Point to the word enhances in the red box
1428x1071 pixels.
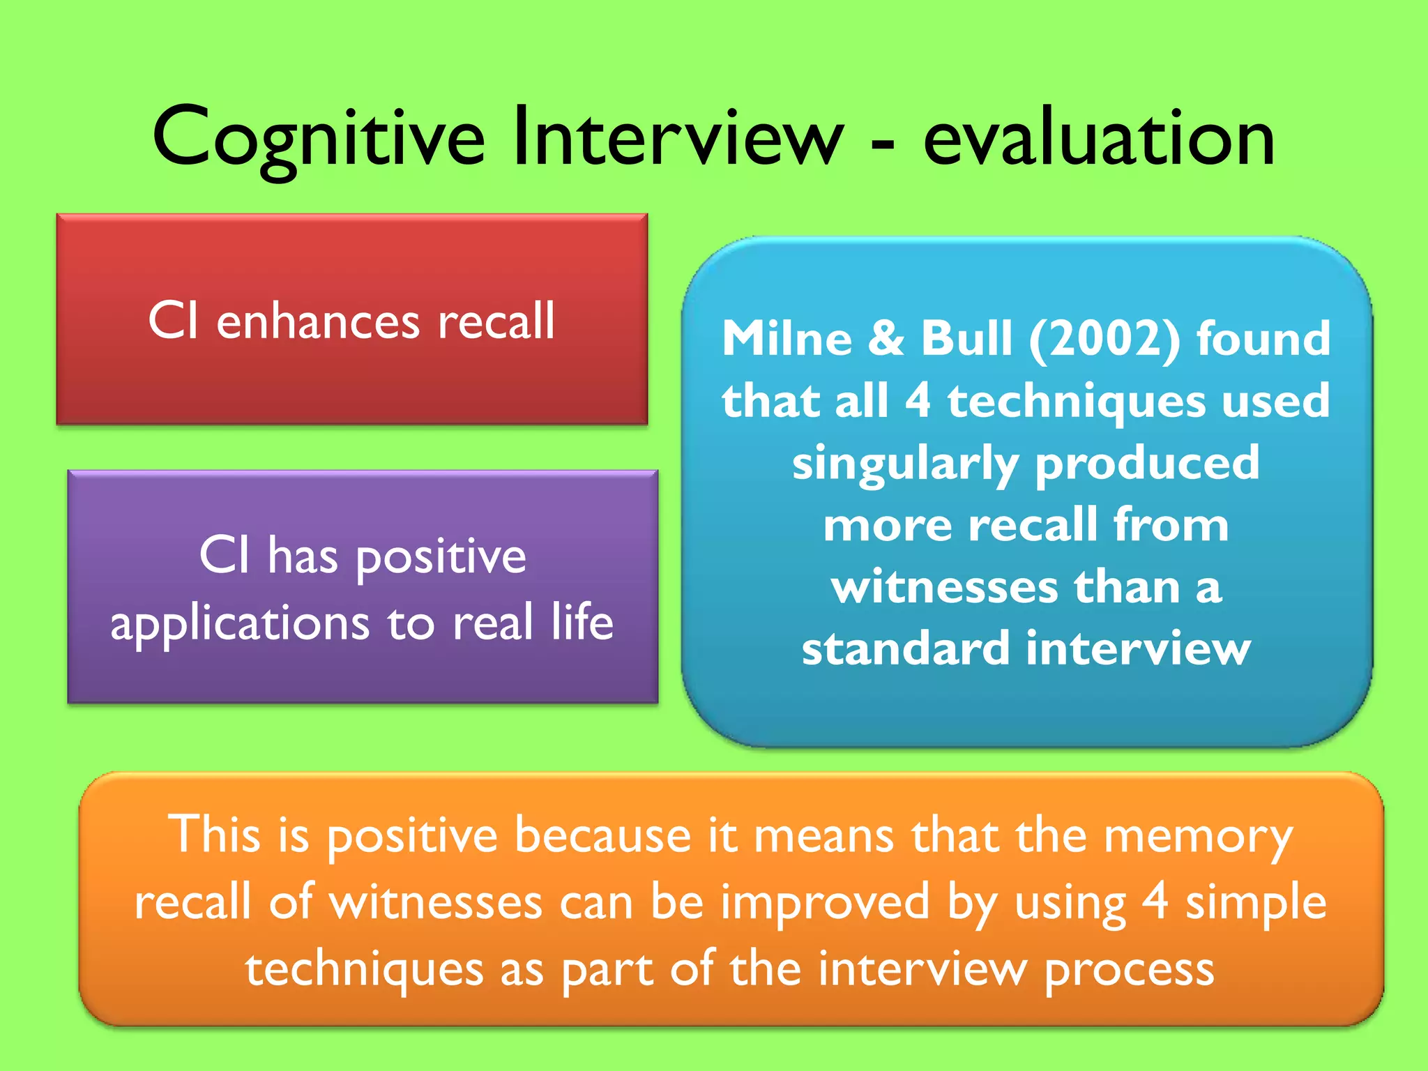tap(318, 322)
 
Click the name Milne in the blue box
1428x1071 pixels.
tap(787, 339)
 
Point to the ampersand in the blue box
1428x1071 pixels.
tap(886, 339)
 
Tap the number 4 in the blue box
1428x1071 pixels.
tap(918, 401)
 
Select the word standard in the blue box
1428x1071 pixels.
tap(905, 648)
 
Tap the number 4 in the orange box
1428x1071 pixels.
tap(1155, 901)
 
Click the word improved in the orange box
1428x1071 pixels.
tap(825, 902)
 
